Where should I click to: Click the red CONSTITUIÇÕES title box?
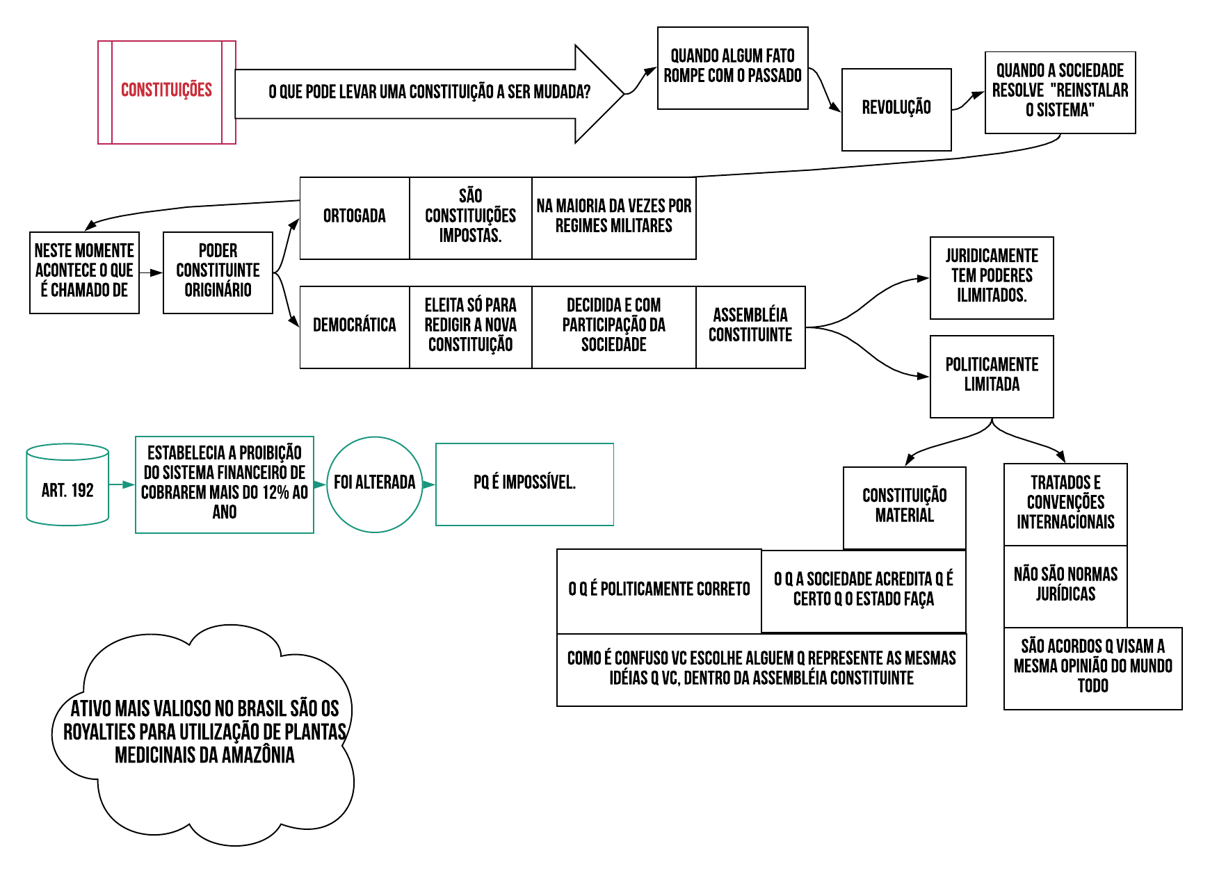click(167, 92)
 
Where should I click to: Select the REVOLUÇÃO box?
click(896, 109)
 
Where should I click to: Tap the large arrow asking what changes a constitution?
click(429, 93)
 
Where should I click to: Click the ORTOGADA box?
click(355, 218)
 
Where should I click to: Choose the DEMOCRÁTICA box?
click(355, 327)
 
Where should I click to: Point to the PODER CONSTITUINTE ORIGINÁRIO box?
click(218, 272)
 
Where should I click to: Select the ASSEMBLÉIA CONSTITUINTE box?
click(750, 327)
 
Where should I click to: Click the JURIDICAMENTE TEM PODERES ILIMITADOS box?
click(992, 277)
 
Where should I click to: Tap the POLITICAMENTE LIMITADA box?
click(992, 376)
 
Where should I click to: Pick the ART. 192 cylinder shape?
click(67, 485)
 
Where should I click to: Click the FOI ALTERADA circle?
click(375, 484)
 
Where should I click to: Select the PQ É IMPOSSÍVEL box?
click(524, 484)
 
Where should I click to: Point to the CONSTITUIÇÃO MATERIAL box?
click(904, 507)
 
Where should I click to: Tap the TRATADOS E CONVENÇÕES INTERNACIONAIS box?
click(1065, 503)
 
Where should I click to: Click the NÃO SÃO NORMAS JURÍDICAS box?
click(1065, 585)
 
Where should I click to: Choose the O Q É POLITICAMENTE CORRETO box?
click(659, 590)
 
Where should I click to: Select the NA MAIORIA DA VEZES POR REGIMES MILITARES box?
click(613, 218)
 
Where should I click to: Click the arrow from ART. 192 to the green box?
click(122, 484)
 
